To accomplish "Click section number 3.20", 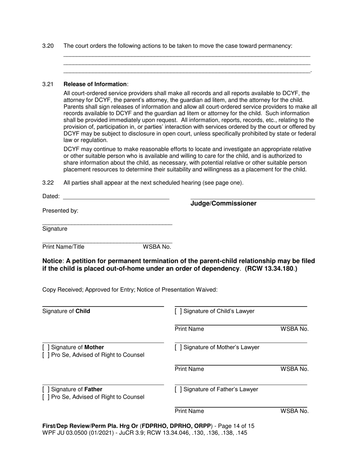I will click(x=48, y=46).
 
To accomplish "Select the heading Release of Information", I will click(x=95, y=84).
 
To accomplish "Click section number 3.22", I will click(x=48, y=183).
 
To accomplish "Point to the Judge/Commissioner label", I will click(x=223, y=204).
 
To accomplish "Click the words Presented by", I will click(x=60, y=211).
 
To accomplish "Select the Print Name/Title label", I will click(x=63, y=247).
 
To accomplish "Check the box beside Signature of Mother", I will click(x=46, y=347).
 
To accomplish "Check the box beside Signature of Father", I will click(x=46, y=389).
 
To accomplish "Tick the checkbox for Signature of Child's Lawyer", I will click(x=178, y=311).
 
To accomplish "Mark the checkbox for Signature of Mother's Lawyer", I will click(x=178, y=347).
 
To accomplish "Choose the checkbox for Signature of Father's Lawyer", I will click(x=178, y=389).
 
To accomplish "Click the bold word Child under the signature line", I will click(x=83, y=311).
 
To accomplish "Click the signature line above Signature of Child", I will click(x=103, y=306).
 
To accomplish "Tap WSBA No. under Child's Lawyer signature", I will click(x=294, y=329).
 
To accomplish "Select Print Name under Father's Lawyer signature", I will click(x=189, y=411).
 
